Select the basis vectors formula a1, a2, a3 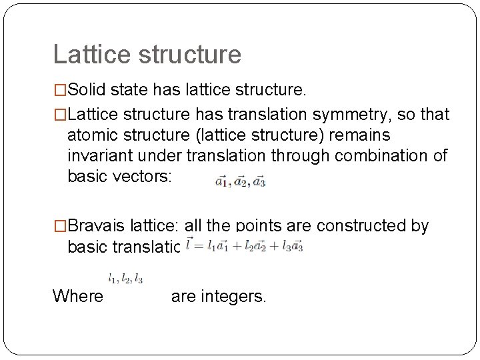click(x=240, y=181)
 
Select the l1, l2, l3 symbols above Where click(x=126, y=278)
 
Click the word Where click(x=78, y=296)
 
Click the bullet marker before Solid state click(x=60, y=89)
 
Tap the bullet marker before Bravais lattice click(x=60, y=226)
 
